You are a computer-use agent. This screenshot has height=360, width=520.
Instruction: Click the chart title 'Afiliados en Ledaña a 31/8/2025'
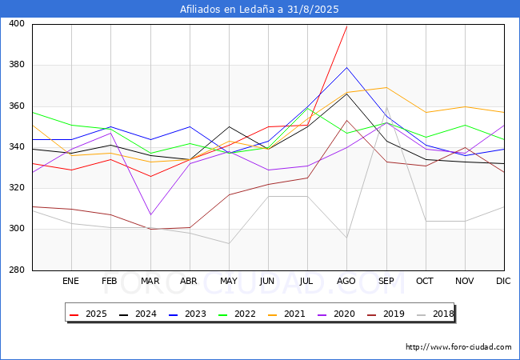tap(259, 10)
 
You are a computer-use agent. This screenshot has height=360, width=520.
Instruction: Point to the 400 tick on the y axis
tap(17, 24)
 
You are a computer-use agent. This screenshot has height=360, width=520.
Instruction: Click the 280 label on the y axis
tap(17, 270)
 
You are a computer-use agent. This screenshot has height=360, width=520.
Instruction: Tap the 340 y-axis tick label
tap(17, 147)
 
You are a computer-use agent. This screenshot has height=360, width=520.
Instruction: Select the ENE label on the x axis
tap(71, 282)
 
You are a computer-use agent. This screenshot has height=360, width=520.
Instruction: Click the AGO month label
tap(346, 282)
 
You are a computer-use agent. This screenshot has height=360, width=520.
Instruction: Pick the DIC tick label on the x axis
tap(504, 282)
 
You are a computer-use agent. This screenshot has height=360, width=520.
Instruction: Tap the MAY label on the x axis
tap(229, 282)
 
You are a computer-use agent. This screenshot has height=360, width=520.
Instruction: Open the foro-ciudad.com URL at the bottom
tap(458, 347)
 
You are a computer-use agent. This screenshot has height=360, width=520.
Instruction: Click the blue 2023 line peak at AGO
tap(346, 67)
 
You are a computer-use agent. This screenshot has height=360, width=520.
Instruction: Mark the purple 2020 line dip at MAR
tap(150, 215)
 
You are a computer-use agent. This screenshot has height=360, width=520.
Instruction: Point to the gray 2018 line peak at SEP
tap(386, 106)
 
